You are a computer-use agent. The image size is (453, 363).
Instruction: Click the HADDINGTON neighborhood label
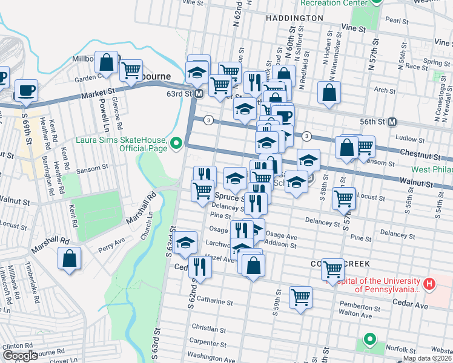point(294,18)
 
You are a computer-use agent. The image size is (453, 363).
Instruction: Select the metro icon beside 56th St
point(392,122)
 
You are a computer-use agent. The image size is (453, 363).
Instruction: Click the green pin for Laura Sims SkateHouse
point(176,143)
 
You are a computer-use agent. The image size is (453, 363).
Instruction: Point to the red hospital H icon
point(429,283)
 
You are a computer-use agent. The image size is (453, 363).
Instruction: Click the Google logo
point(20,355)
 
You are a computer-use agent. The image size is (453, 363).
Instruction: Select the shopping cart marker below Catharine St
point(300,298)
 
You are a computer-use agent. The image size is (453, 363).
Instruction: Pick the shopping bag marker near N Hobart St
point(329,93)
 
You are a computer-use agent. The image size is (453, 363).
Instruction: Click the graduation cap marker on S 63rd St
point(185,243)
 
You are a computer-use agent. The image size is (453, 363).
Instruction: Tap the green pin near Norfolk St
point(369,339)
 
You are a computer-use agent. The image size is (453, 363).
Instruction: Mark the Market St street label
point(99,91)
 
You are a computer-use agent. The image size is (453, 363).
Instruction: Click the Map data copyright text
point(428,358)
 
